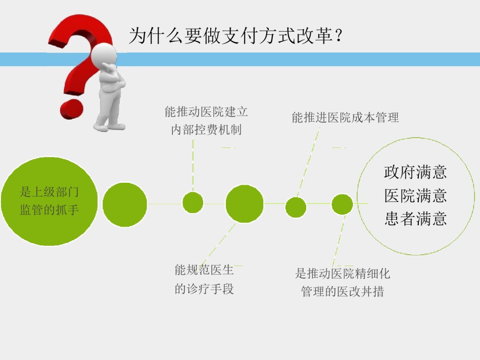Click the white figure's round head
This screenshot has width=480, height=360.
pyautogui.click(x=104, y=55)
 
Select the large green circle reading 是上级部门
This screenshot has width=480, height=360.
pyautogui.click(x=50, y=201)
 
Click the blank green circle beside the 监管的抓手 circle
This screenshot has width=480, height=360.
pyautogui.click(x=125, y=204)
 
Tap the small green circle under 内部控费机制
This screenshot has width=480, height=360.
pyautogui.click(x=193, y=202)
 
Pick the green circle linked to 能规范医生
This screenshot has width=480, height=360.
pyautogui.click(x=245, y=203)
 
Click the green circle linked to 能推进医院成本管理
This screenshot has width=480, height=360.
pyautogui.click(x=296, y=207)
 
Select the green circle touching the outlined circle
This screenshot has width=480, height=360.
pyautogui.click(x=342, y=204)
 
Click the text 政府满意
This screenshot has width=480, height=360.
pyautogui.click(x=415, y=172)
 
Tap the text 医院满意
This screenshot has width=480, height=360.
pyautogui.click(x=415, y=196)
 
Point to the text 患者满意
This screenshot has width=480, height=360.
pyautogui.click(x=415, y=219)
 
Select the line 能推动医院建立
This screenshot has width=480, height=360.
pyautogui.click(x=206, y=112)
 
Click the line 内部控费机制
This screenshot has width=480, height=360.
pyautogui.click(x=206, y=130)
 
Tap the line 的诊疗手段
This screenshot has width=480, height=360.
pyautogui.click(x=204, y=289)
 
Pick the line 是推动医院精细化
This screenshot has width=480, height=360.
pyautogui.click(x=343, y=274)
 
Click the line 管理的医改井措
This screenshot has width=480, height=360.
pyautogui.click(x=343, y=291)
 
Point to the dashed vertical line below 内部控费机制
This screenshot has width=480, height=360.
pyautogui.click(x=193, y=165)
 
